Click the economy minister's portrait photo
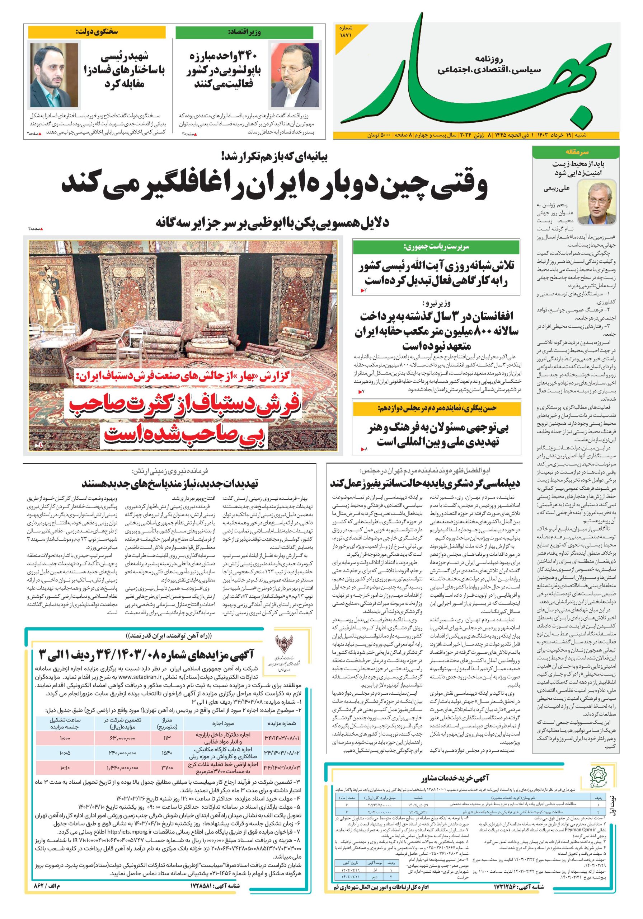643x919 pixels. [295, 75]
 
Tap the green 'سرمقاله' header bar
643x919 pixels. [576, 152]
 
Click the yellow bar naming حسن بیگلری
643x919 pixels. [437, 409]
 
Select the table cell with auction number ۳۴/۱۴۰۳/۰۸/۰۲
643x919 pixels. [282, 753]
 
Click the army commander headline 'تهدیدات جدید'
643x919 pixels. [170, 484]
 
